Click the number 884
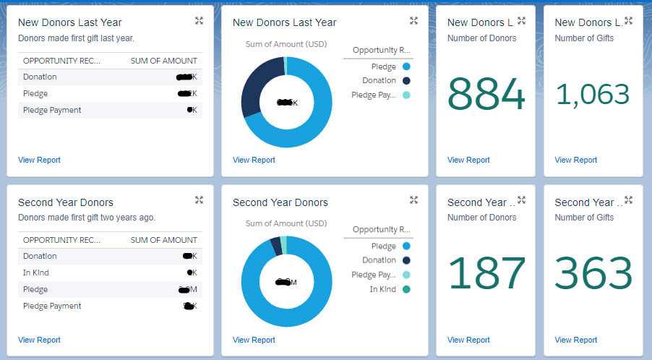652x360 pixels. [486, 95]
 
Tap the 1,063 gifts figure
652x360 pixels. [593, 95]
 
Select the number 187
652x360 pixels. [486, 273]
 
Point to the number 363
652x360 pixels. [593, 273]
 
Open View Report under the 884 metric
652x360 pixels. [468, 160]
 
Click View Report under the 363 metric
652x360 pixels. [575, 340]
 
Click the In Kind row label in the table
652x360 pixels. [35, 273]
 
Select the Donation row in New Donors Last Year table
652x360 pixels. [40, 77]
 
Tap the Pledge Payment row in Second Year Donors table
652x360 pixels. [52, 306]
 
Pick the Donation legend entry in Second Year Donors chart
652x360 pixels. [379, 260]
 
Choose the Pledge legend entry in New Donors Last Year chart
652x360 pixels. [383, 66]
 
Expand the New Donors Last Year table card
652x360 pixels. [199, 21]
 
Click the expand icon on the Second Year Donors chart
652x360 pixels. [413, 200]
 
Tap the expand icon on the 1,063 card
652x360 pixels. [628, 21]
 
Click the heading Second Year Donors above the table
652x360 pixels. [66, 202]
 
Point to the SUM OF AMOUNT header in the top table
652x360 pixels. [163, 60]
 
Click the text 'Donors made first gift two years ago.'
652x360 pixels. [87, 217]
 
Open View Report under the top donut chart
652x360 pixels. [254, 160]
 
